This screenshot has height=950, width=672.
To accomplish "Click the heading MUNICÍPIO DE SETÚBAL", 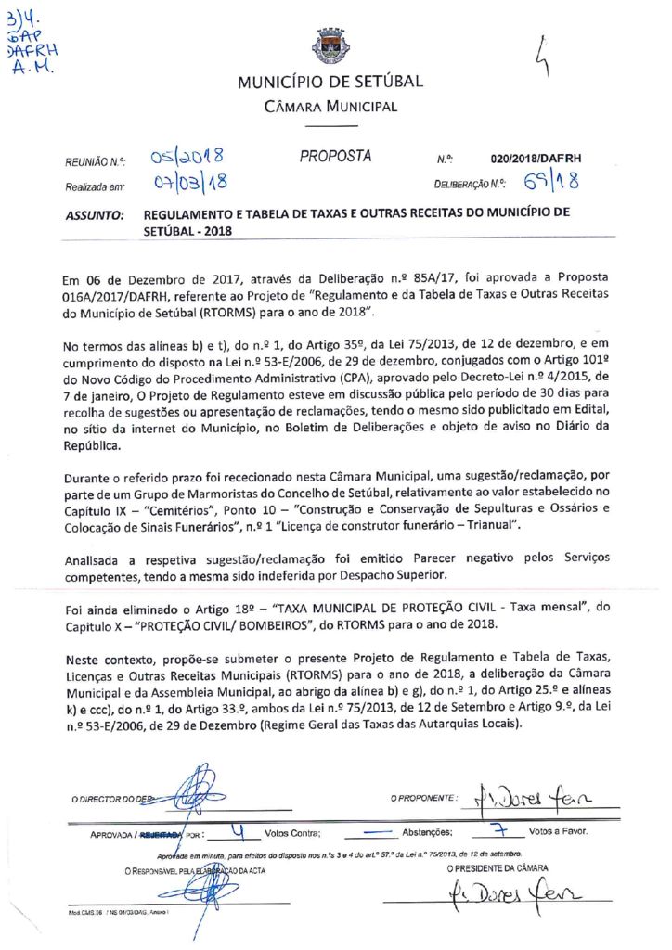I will pos(330,82).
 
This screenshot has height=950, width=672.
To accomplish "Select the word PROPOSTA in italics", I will pos(335,157).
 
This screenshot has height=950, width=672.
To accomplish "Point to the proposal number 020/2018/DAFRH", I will pos(536,160).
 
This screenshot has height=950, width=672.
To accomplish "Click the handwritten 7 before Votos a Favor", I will pos(498,828).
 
